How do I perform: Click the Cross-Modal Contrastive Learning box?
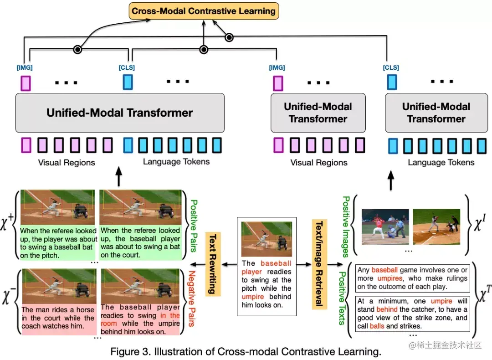[x=204, y=11]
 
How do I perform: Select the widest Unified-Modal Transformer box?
[x=120, y=113]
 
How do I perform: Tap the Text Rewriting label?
[x=213, y=264]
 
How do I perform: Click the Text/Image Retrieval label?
[x=319, y=264]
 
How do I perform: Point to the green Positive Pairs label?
[x=194, y=226]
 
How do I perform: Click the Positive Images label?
[x=346, y=227]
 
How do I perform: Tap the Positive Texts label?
[x=342, y=298]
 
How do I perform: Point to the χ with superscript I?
[x=480, y=223]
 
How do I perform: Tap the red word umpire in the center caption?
[x=252, y=297]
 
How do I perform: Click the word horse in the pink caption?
[x=85, y=310]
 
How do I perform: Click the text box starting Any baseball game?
[x=413, y=278]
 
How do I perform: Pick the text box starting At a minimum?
[x=413, y=314]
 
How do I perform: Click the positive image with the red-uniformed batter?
[x=385, y=226]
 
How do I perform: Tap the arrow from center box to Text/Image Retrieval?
[x=304, y=264]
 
